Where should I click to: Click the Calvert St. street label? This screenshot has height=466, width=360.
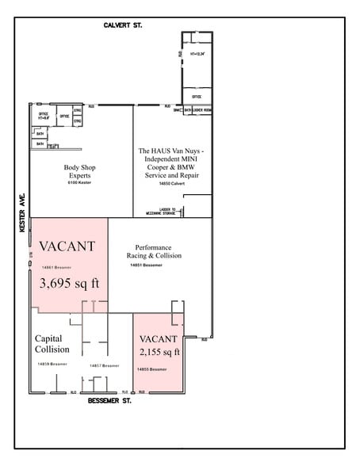[123, 25]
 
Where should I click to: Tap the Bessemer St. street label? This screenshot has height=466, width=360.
[110, 400]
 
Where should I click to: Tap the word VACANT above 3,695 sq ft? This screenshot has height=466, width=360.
[67, 246]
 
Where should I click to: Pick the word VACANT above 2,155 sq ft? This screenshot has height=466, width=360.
[157, 338]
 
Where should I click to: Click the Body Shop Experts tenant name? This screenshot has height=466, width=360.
[81, 171]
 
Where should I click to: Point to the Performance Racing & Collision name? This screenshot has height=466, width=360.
[154, 251]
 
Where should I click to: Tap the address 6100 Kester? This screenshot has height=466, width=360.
[79, 183]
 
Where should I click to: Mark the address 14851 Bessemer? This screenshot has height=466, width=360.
[146, 265]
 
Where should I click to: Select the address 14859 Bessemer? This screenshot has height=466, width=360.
[52, 364]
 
